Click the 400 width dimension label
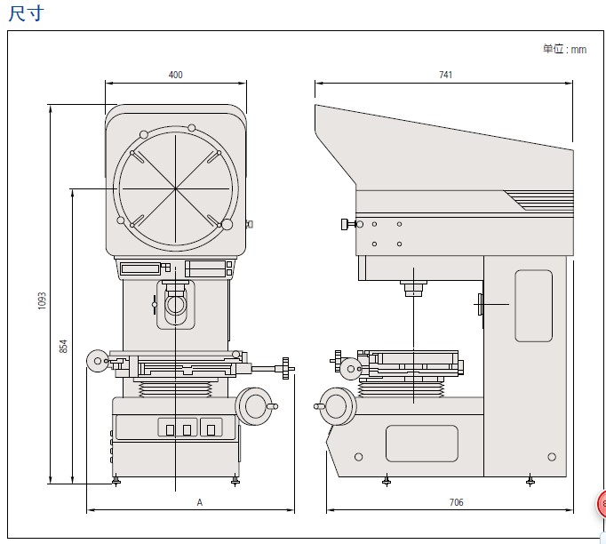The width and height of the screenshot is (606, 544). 175,76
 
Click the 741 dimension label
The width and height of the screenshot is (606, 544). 445,76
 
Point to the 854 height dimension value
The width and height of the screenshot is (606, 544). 64,346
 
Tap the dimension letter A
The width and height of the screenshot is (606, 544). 200,503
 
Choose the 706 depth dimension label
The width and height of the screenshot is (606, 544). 456,503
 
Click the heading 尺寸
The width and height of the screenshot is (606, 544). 24,13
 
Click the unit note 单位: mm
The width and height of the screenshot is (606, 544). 564,50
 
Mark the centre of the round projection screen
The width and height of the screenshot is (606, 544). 176,188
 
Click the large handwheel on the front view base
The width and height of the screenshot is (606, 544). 254,405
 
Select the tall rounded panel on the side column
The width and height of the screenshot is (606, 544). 533,306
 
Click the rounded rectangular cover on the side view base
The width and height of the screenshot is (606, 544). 422,443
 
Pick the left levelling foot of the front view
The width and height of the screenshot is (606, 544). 116,482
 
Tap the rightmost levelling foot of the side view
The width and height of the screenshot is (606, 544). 530,482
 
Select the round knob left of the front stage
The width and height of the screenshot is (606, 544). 96,359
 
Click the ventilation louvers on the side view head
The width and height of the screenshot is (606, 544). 538,199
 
